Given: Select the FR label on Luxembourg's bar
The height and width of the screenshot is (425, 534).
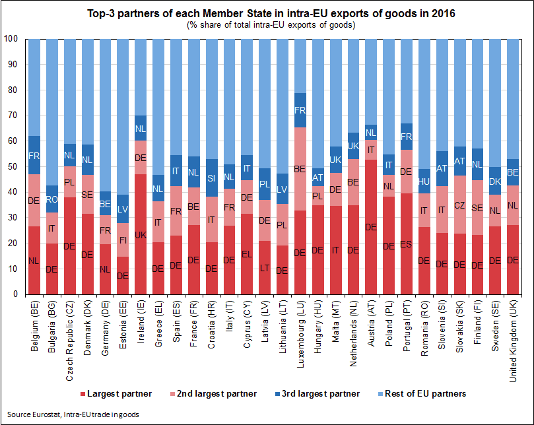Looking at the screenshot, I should click(300, 110).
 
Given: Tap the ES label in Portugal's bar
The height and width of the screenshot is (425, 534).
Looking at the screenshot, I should click(407, 244).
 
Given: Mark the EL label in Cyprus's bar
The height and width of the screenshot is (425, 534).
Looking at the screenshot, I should click(246, 253).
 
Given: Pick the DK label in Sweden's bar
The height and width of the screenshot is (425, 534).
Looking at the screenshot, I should click(496, 181).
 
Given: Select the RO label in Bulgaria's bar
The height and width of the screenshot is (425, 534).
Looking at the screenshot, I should click(51, 198).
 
